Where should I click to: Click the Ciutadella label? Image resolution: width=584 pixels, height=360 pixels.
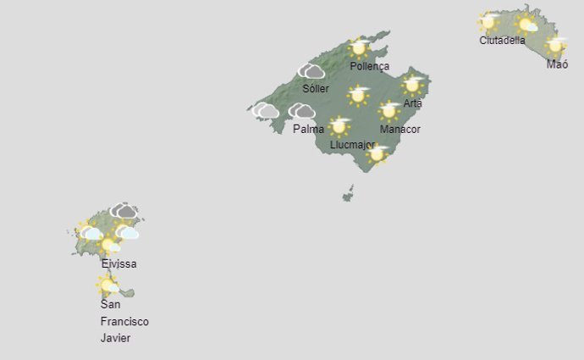point(502,40)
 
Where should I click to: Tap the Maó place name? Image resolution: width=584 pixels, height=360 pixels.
point(557,64)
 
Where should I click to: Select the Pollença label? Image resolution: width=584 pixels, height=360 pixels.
point(369,66)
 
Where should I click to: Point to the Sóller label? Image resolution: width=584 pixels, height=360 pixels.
point(315,89)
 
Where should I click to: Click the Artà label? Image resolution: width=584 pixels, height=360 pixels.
point(412,103)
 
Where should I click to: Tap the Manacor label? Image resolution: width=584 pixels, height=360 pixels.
point(399,129)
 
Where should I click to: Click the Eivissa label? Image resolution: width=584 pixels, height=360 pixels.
point(118,263)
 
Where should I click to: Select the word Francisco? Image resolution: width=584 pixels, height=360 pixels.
point(124,322)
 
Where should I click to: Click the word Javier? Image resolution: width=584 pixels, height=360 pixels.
point(115,338)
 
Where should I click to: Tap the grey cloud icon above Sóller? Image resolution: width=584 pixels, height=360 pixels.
point(311,71)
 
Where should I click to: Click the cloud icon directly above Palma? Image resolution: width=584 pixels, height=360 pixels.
point(301,111)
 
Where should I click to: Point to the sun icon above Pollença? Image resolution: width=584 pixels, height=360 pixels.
point(360,47)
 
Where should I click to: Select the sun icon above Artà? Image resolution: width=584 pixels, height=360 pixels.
point(412,84)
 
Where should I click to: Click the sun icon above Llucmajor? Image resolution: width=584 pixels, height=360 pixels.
point(339,126)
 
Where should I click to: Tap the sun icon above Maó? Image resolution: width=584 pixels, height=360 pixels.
point(555,46)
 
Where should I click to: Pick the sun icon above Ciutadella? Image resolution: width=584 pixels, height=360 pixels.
point(488,21)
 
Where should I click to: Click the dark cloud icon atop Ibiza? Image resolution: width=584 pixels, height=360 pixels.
point(124,210)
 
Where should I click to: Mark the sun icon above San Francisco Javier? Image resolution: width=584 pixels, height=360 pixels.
point(107,285)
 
